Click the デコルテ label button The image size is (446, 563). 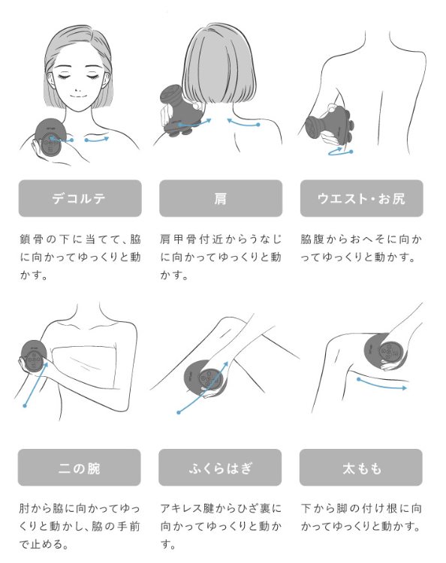point(80,198)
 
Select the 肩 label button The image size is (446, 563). point(221,198)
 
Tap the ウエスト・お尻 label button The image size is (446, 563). point(362,198)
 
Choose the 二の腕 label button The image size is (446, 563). point(80,468)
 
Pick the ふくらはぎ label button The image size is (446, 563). point(220,468)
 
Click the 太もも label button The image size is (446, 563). point(361,468)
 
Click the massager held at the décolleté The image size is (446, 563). point(50,138)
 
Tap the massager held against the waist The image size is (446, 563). point(329,125)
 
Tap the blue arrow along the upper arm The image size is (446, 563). point(35,385)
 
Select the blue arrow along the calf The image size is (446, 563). point(203,388)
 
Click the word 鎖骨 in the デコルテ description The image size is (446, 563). point(32,239)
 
